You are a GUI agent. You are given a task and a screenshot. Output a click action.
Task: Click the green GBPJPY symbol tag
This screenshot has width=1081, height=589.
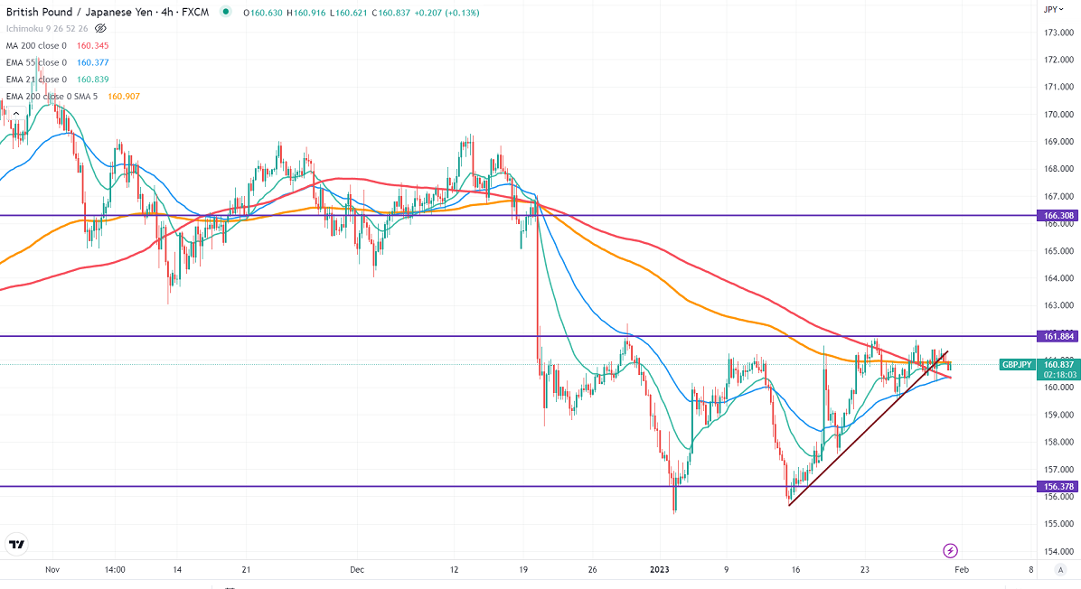point(1016,365)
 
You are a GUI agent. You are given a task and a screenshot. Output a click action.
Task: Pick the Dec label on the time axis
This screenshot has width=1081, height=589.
point(356,570)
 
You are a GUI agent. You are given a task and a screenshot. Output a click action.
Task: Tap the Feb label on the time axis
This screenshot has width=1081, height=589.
point(962,570)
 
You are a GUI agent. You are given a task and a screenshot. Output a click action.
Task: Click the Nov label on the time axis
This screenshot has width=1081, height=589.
point(52,570)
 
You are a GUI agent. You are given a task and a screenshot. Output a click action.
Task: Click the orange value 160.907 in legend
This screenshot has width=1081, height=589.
point(124,97)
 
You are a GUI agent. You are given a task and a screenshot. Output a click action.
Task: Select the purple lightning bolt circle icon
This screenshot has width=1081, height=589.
point(950,550)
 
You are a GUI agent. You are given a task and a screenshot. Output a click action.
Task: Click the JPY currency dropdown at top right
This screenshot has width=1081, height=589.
point(1051,9)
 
